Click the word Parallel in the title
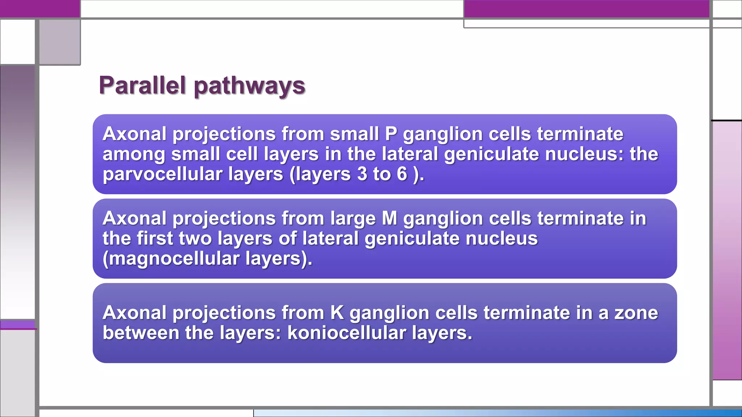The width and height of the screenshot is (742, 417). tap(142, 86)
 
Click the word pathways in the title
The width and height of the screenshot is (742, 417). tap(250, 87)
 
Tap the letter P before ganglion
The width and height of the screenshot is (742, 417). tap(391, 134)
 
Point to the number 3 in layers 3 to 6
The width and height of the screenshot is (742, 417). tap(362, 174)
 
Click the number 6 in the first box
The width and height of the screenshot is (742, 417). tap(402, 174)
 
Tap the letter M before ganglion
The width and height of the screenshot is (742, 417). tap(389, 219)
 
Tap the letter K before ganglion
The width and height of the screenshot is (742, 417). tap(337, 313)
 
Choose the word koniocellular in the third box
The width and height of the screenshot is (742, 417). tap(346, 333)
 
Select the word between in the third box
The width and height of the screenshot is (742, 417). tap(141, 333)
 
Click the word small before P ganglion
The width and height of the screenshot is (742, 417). tap(354, 134)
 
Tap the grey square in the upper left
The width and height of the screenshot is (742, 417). tap(59, 42)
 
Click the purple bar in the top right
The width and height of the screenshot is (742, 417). tap(586, 9)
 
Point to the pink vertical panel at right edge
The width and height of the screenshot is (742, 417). tap(727, 250)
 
